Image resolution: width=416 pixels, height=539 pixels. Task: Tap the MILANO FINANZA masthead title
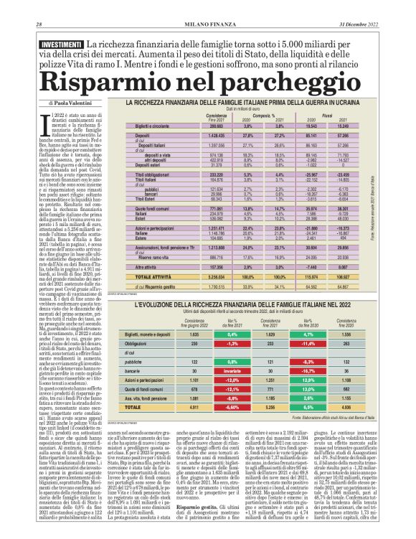click(x=208, y=6)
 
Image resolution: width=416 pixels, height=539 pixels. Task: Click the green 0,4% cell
click(x=232, y=334)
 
